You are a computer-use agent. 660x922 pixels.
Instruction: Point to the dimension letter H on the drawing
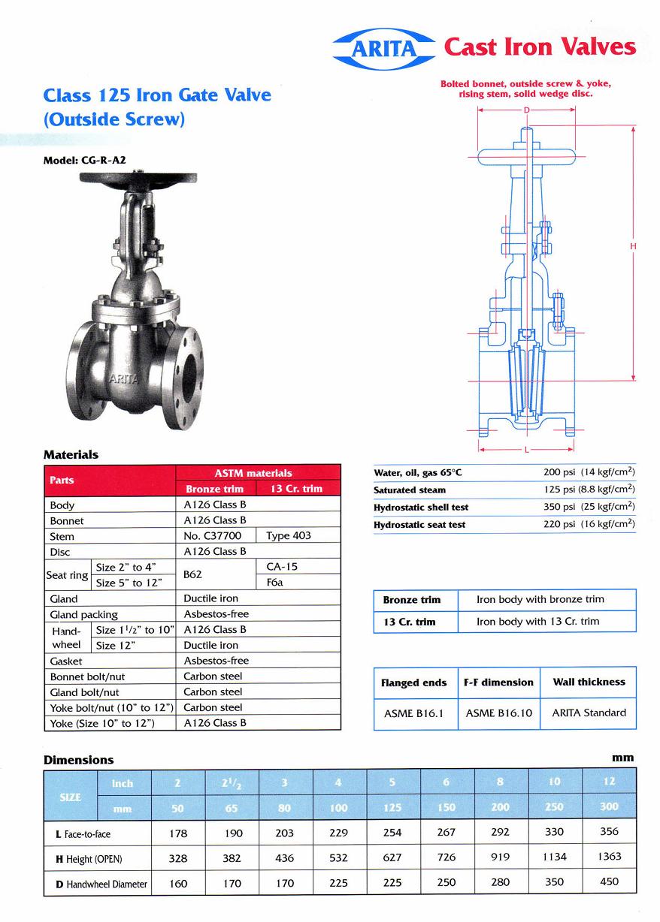633,246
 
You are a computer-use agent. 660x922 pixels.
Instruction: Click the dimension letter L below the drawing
526,449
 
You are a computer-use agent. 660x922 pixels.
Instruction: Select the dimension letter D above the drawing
526,110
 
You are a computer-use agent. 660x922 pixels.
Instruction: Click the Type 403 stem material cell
288,536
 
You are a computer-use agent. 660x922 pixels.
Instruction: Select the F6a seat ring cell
275,583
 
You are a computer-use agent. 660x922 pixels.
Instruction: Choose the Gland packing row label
83,614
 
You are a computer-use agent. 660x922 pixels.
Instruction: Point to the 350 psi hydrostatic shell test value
589,507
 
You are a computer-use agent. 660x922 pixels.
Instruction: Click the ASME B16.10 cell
498,713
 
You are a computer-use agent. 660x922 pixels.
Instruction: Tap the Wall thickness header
589,682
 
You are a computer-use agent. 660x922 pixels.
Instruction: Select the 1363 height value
609,857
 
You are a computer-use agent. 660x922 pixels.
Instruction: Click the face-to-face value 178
177,833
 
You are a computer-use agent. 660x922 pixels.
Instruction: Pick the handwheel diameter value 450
609,882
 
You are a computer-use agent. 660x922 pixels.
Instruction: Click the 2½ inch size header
232,783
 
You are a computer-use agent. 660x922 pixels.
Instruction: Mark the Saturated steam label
410,490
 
